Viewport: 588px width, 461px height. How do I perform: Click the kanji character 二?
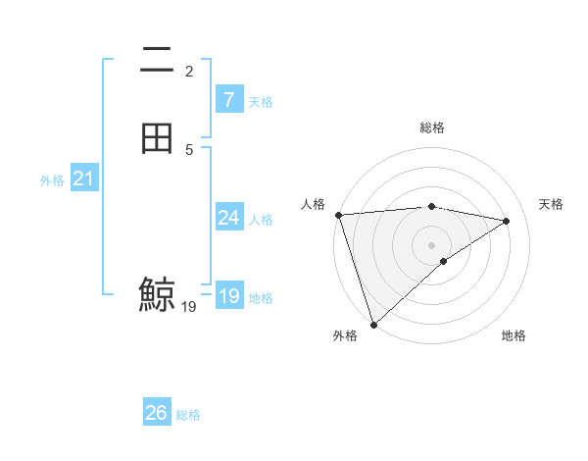pos(157,61)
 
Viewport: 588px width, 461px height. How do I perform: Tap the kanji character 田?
pos(157,138)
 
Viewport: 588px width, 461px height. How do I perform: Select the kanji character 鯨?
pos(157,294)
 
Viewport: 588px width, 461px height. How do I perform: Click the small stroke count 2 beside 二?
pos(189,72)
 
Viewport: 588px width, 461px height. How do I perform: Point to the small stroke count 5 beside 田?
pos(189,149)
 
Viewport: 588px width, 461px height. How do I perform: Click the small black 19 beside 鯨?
pos(189,307)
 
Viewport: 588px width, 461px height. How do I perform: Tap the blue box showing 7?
pos(228,100)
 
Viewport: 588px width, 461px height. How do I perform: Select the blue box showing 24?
pos(228,218)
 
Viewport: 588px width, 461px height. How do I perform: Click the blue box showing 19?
pos(228,297)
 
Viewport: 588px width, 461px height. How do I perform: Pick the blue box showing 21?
pos(83,179)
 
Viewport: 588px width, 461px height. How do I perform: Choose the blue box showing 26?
pos(157,413)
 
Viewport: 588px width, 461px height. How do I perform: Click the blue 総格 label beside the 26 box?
pos(188,415)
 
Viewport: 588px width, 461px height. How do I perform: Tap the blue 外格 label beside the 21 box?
pos(52,180)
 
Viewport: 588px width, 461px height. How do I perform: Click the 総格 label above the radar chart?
pos(432,128)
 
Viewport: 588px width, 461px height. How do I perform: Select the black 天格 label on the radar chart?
pos(551,204)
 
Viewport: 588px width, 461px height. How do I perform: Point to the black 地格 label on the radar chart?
pos(514,336)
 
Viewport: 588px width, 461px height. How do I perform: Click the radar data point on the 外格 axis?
pos(373,324)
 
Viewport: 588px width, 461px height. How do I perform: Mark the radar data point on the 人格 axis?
pos(338,215)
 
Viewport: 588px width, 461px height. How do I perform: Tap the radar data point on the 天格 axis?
pos(507,221)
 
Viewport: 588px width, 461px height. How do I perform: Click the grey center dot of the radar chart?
pos(432,244)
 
